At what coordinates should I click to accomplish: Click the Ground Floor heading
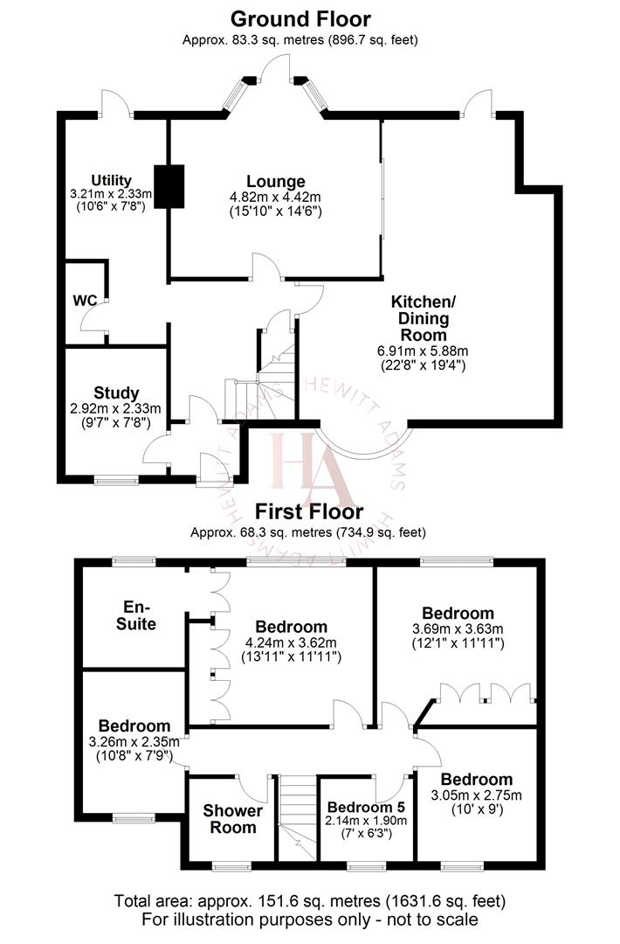[x=300, y=19]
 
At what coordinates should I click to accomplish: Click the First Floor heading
[x=309, y=512]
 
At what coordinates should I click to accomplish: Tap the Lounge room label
[x=275, y=182]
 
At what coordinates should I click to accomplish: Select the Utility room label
[x=111, y=180]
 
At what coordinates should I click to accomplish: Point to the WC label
[x=85, y=300]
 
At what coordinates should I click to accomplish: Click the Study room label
[x=116, y=393]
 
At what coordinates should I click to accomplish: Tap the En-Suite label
[x=140, y=615]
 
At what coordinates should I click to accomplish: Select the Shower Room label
[x=232, y=818]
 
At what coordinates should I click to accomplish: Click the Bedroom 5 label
[x=366, y=806]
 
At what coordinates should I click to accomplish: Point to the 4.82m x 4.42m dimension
[x=275, y=197]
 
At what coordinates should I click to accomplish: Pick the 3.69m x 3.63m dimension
[x=458, y=628]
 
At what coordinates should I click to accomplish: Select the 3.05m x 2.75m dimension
[x=476, y=795]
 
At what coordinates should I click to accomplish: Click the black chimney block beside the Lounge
[x=169, y=186]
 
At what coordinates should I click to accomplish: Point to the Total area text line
[x=310, y=900]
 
